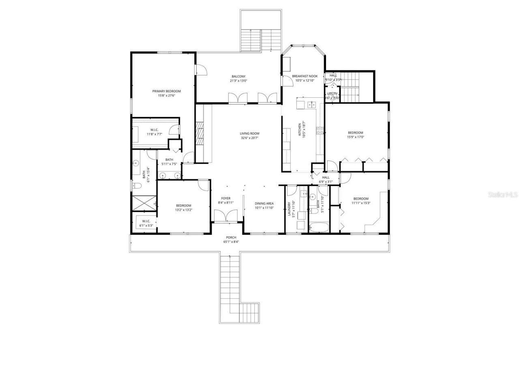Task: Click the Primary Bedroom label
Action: pos(166,91)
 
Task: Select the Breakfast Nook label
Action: pos(305,76)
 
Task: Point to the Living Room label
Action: pos(249,133)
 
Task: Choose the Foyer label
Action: pos(226,198)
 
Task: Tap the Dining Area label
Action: pos(264,203)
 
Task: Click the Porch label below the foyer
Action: pos(231,237)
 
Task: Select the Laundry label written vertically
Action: pos(290,209)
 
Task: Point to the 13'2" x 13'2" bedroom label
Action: pos(183,205)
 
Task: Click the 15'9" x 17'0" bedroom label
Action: pos(355,133)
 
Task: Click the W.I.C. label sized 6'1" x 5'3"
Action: pos(146,221)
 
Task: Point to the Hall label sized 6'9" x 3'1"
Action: pos(326,177)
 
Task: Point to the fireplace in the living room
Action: pos(199,133)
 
